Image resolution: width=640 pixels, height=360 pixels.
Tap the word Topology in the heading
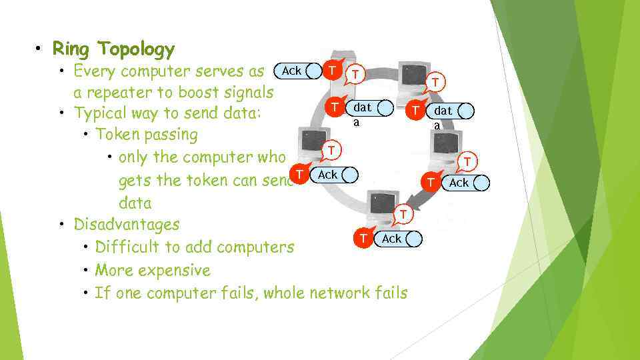tap(135, 49)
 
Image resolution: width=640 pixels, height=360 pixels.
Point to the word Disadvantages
tap(127, 224)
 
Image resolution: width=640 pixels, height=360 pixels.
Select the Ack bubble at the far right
tap(459, 183)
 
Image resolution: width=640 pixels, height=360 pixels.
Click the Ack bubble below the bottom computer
tap(392, 239)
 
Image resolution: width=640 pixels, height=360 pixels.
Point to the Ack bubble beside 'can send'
tap(328, 175)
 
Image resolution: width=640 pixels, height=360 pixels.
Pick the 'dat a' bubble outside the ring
tap(444, 111)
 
